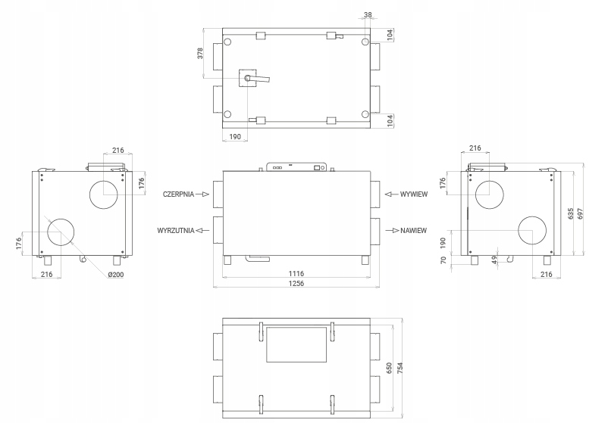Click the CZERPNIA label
coord(178,194)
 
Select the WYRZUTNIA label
coord(176,230)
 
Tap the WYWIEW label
coord(414,194)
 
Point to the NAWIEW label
coord(413,230)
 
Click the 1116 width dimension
coord(296,274)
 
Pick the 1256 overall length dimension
coord(296,283)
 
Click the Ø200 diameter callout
coord(116,275)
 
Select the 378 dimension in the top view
coord(200,53)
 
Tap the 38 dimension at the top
coord(368,15)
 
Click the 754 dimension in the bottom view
coord(399,368)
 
